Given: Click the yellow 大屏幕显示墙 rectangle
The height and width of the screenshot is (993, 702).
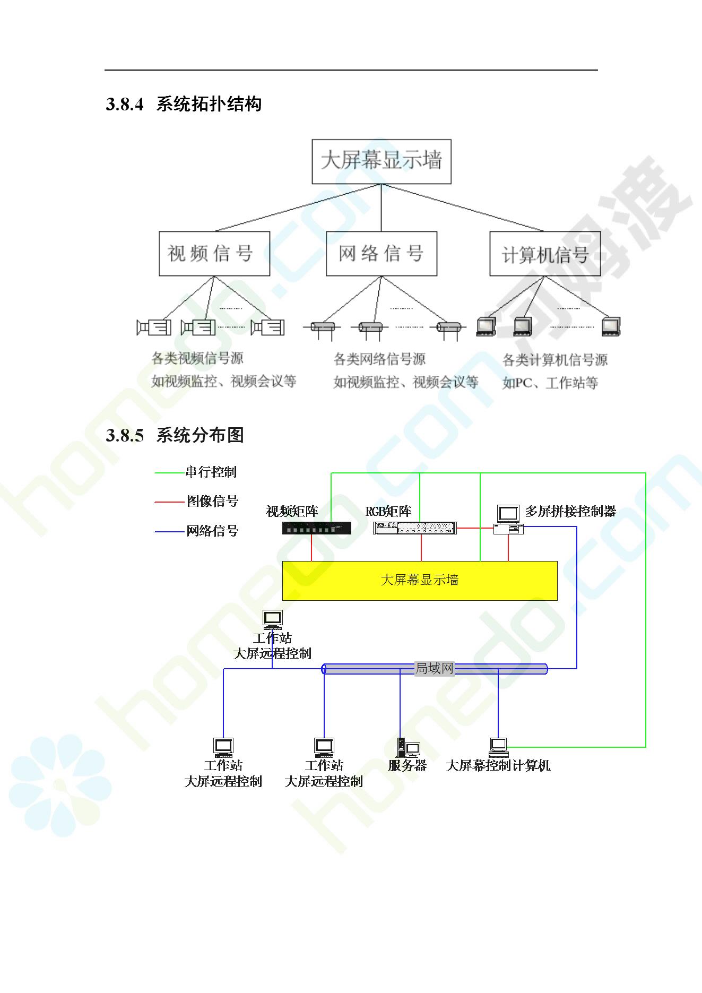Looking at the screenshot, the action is [x=420, y=581].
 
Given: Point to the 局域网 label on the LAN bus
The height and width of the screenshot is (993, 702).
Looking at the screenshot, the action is [x=435, y=668].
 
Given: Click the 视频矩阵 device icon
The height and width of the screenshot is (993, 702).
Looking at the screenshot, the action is [x=316, y=528].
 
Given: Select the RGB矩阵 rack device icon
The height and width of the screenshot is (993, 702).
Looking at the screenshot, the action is [x=415, y=528].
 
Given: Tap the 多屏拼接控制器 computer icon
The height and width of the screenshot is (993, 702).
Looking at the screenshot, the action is [x=508, y=519].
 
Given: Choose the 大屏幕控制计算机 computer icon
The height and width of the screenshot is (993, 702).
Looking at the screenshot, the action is [x=499, y=747].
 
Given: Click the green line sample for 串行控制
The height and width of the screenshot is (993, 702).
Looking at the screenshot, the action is [x=169, y=472].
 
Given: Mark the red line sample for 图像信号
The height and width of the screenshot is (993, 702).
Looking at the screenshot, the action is [x=169, y=502].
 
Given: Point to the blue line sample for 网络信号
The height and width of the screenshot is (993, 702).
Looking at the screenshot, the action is [x=169, y=531].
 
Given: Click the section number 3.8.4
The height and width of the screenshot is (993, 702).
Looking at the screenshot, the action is [x=125, y=104].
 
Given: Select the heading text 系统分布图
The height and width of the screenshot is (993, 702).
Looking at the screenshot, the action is [x=200, y=435].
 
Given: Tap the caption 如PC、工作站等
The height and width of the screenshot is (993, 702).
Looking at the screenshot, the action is [x=550, y=383].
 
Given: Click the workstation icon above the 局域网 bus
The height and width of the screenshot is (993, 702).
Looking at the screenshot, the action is [x=273, y=619].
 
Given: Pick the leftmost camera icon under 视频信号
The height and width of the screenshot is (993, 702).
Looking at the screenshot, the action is [x=154, y=327].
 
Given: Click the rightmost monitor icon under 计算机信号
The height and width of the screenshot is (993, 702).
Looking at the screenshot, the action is [x=611, y=326].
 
